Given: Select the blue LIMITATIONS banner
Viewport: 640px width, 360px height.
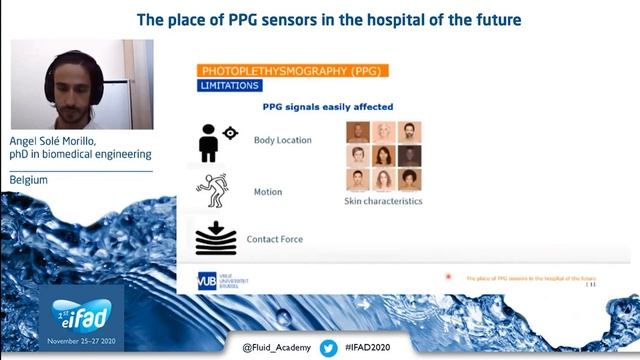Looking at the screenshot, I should [x=231, y=87].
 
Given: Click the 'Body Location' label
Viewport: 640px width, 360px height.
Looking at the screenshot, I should [x=283, y=141].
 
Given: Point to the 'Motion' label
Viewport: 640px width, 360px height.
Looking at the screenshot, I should [x=268, y=192].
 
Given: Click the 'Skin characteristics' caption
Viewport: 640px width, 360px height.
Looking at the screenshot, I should [x=383, y=201].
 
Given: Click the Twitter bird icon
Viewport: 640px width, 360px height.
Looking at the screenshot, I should [x=329, y=347].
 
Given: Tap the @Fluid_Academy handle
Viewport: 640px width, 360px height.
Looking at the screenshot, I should [x=277, y=347].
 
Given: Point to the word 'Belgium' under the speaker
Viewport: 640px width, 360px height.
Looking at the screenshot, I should [x=31, y=180].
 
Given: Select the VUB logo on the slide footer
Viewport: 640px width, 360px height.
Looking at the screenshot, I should [x=208, y=281].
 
